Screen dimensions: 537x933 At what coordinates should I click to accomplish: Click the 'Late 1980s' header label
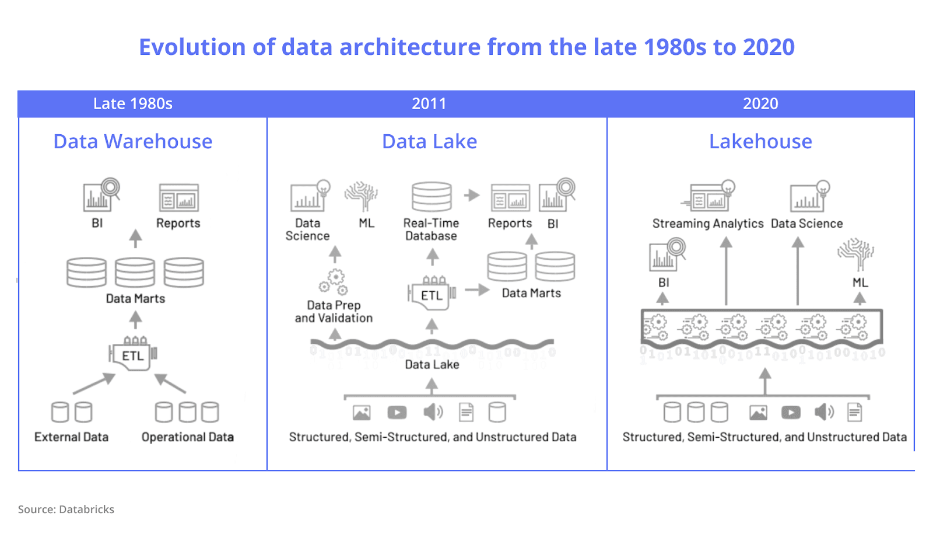tap(133, 104)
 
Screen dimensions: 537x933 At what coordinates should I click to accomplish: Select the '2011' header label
tap(429, 104)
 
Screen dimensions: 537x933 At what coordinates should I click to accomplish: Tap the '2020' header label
tap(760, 104)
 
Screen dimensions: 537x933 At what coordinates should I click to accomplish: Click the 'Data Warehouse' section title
tap(133, 142)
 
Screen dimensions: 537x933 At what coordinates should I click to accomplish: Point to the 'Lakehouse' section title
tap(760, 142)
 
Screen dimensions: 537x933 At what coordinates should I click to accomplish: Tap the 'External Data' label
tap(71, 437)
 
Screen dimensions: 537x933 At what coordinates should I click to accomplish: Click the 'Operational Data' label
tap(188, 437)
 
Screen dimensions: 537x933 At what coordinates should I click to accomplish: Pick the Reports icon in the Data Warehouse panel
tap(179, 198)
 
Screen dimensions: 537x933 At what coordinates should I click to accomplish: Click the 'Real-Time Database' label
tap(432, 229)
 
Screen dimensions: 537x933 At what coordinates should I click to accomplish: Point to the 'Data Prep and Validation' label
tap(334, 312)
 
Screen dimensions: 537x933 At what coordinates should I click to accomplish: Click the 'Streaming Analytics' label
tap(708, 224)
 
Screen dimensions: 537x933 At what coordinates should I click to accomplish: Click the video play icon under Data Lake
tap(397, 413)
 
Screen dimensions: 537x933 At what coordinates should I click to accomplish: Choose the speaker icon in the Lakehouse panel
tap(824, 412)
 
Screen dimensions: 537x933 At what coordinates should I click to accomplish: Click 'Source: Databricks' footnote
tap(66, 510)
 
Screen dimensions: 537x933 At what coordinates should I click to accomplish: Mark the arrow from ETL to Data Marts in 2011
tap(477, 290)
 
